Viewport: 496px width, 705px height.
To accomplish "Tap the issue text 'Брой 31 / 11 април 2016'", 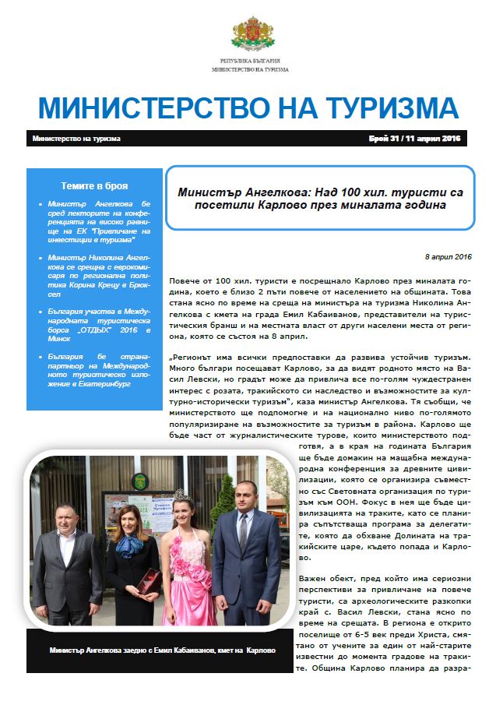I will (x=415, y=139).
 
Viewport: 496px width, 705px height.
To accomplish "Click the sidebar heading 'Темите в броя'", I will (x=94, y=186).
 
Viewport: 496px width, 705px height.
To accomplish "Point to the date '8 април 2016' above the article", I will (x=449, y=256).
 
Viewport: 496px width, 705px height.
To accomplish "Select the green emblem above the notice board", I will (x=140, y=480).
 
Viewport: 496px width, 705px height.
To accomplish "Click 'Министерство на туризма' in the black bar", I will (x=77, y=139).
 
